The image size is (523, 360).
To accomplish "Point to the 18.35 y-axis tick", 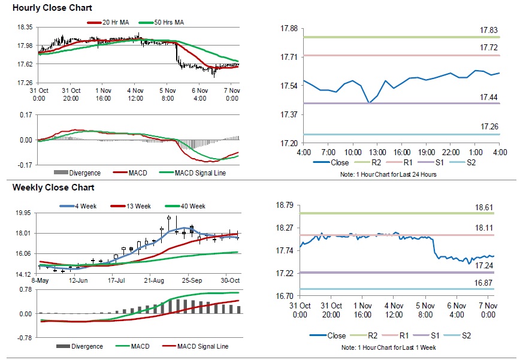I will point(25,28).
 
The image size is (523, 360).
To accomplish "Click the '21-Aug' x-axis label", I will point(154,280).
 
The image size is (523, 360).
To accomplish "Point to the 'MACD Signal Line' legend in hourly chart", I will point(200,173).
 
